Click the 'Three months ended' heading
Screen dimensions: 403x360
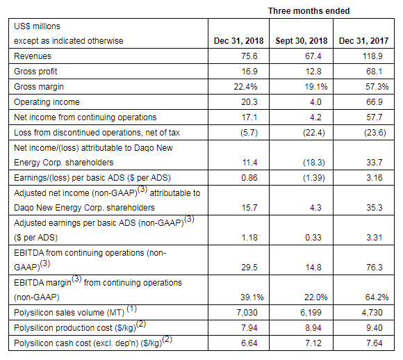coord(309,11)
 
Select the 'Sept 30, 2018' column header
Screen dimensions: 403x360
coord(302,41)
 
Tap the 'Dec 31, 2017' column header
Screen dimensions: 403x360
coord(363,41)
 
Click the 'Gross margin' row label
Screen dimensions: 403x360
coord(39,87)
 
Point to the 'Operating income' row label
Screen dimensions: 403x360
coord(47,102)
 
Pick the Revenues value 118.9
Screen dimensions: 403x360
coord(372,56)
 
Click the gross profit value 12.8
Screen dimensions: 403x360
coord(313,71)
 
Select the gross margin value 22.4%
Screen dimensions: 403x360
coord(245,87)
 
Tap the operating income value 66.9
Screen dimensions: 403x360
coord(375,102)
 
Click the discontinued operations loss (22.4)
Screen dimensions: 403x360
coord(314,133)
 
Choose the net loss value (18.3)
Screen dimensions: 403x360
coord(314,163)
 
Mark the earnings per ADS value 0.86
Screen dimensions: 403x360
coord(249,178)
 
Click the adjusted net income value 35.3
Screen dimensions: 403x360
coord(375,208)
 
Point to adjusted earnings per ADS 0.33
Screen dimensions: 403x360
coord(313,238)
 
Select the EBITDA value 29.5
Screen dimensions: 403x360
coord(249,268)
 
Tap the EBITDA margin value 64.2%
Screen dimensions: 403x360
coord(377,297)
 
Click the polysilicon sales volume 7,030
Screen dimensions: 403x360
coord(247,313)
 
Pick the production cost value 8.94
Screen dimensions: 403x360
coord(313,328)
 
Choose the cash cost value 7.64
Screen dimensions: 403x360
coord(375,343)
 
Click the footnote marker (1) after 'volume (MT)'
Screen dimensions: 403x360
coord(132,309)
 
